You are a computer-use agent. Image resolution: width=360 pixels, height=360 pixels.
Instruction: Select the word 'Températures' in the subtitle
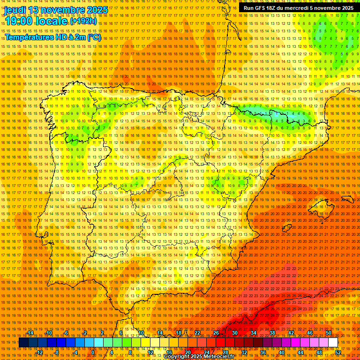point(28,37)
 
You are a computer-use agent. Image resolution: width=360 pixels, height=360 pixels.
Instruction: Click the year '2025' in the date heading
point(97,10)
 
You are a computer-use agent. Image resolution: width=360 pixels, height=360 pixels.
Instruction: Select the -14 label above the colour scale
point(30,333)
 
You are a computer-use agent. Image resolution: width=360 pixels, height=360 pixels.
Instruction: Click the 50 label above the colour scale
point(329,333)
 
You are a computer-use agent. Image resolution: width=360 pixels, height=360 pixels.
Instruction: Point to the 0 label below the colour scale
point(93,352)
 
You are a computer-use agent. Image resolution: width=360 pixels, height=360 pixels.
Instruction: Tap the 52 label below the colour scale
point(338,352)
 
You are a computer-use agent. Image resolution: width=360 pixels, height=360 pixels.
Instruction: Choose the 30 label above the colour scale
point(235,333)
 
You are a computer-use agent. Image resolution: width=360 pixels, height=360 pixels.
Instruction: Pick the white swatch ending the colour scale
point(333,343)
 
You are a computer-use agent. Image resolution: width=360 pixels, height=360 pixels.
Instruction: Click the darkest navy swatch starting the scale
point(23,343)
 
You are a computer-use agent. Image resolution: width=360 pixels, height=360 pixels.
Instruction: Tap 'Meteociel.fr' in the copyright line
point(217,357)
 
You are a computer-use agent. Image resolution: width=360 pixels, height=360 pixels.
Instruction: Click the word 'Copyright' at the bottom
point(178,357)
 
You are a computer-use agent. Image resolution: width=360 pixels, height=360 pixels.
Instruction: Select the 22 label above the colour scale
point(197,333)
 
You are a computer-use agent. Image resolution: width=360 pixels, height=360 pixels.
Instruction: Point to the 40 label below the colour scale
point(282,352)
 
